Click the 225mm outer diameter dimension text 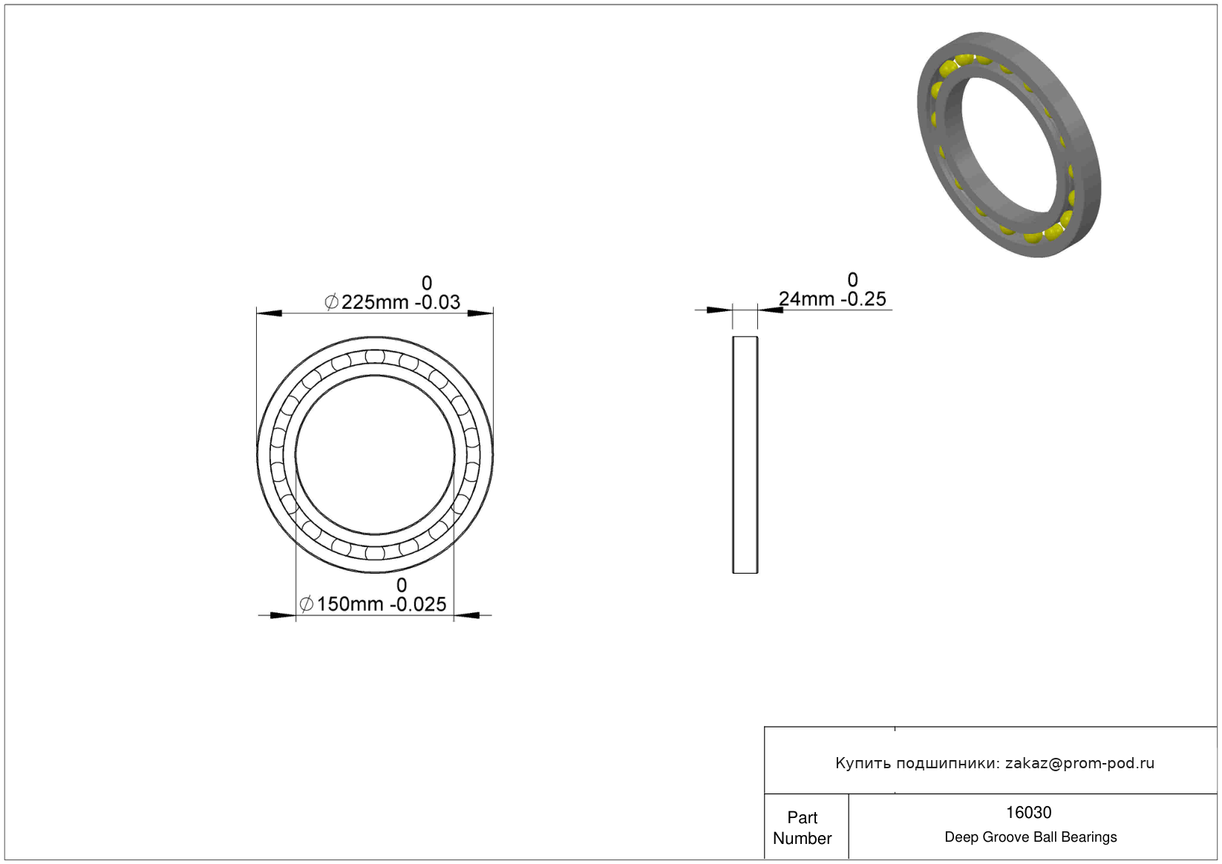(375, 302)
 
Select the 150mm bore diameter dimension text (350, 604)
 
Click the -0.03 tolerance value (437, 302)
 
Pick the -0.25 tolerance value (863, 299)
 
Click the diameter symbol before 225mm (331, 301)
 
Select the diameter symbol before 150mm (307, 603)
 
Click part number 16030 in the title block (1028, 813)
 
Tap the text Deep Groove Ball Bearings (1030, 837)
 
